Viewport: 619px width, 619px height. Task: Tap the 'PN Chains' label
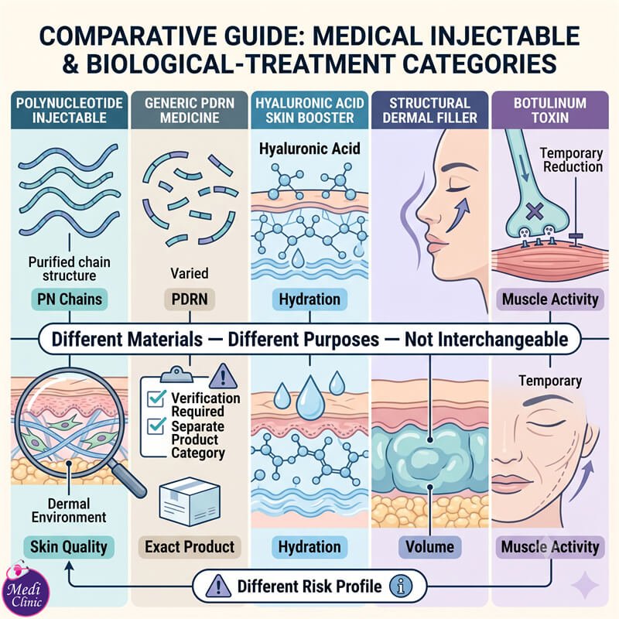coord(70,299)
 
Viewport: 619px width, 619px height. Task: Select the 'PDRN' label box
coord(190,299)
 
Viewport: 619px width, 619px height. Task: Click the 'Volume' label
coord(429,547)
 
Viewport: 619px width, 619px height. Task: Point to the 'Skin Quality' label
coord(69,547)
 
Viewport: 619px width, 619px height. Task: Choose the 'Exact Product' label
coord(190,547)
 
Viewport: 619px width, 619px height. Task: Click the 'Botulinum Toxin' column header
coord(550,110)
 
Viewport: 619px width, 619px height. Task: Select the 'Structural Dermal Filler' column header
coord(430,110)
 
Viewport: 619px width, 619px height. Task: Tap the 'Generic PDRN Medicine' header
coord(190,110)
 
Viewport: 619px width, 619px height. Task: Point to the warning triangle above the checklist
coord(223,376)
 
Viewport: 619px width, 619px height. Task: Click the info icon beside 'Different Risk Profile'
coord(401,587)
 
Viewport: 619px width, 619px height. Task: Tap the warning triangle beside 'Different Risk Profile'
coord(218,586)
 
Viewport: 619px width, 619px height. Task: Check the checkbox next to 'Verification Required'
coord(156,398)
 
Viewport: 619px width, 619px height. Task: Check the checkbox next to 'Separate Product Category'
coord(156,426)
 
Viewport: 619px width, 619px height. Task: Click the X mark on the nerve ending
coord(535,211)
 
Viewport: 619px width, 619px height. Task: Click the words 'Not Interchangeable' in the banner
coord(487,340)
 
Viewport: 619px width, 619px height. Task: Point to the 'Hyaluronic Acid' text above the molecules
coord(309,149)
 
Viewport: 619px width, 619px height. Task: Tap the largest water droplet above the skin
coord(310,398)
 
